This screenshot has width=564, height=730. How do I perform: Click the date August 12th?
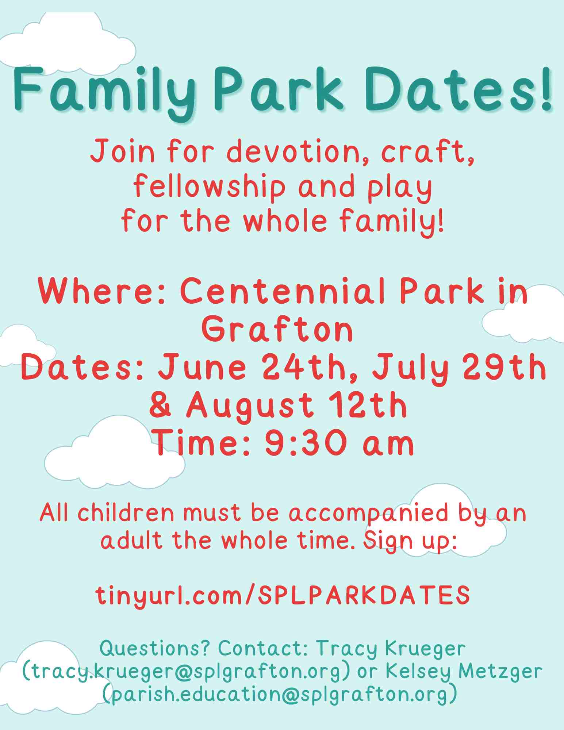click(x=296, y=406)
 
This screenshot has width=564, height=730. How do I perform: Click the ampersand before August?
click(x=161, y=406)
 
